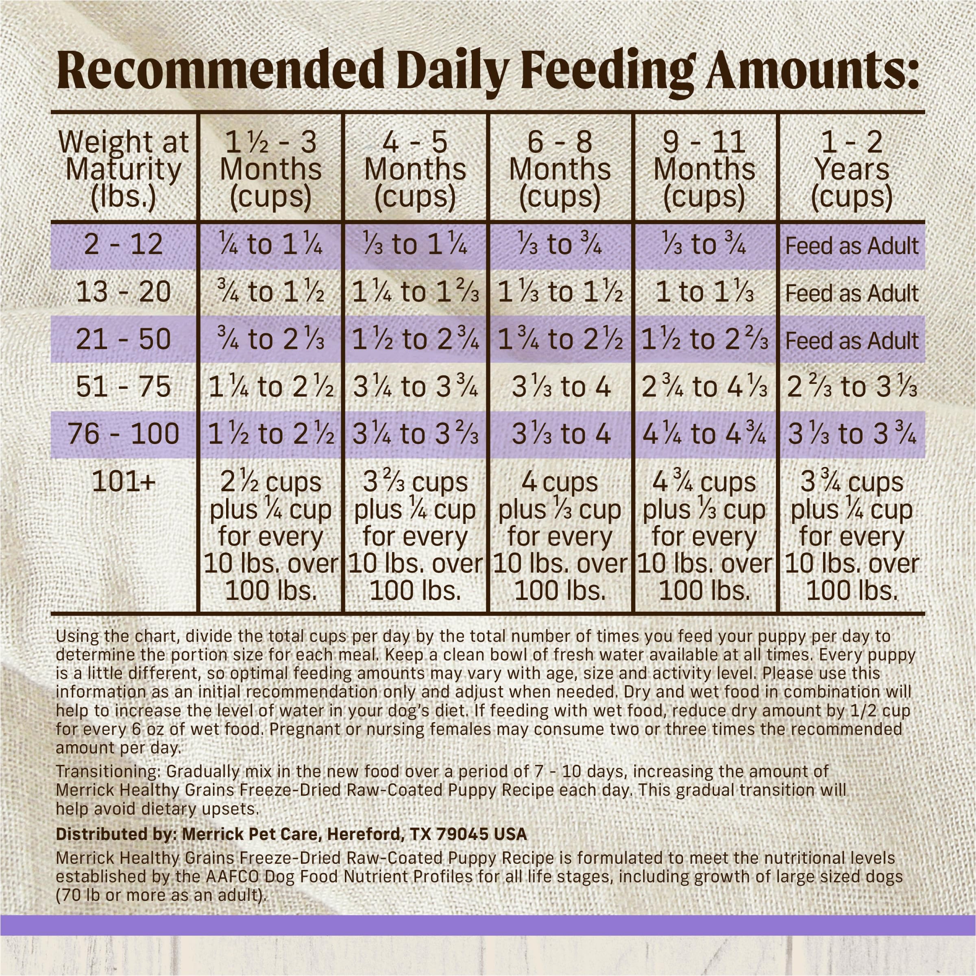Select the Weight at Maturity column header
point(123,169)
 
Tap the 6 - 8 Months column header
point(560,169)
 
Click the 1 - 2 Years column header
point(852,169)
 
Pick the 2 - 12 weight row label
point(123,245)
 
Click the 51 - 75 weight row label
point(123,388)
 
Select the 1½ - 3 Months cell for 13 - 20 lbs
point(271,292)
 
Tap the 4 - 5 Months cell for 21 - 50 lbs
point(415,340)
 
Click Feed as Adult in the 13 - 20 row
point(852,294)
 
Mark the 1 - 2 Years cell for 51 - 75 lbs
point(852,388)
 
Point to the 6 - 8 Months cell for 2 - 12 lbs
point(560,245)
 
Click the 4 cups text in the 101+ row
point(560,482)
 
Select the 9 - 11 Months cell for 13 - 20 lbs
point(704,292)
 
